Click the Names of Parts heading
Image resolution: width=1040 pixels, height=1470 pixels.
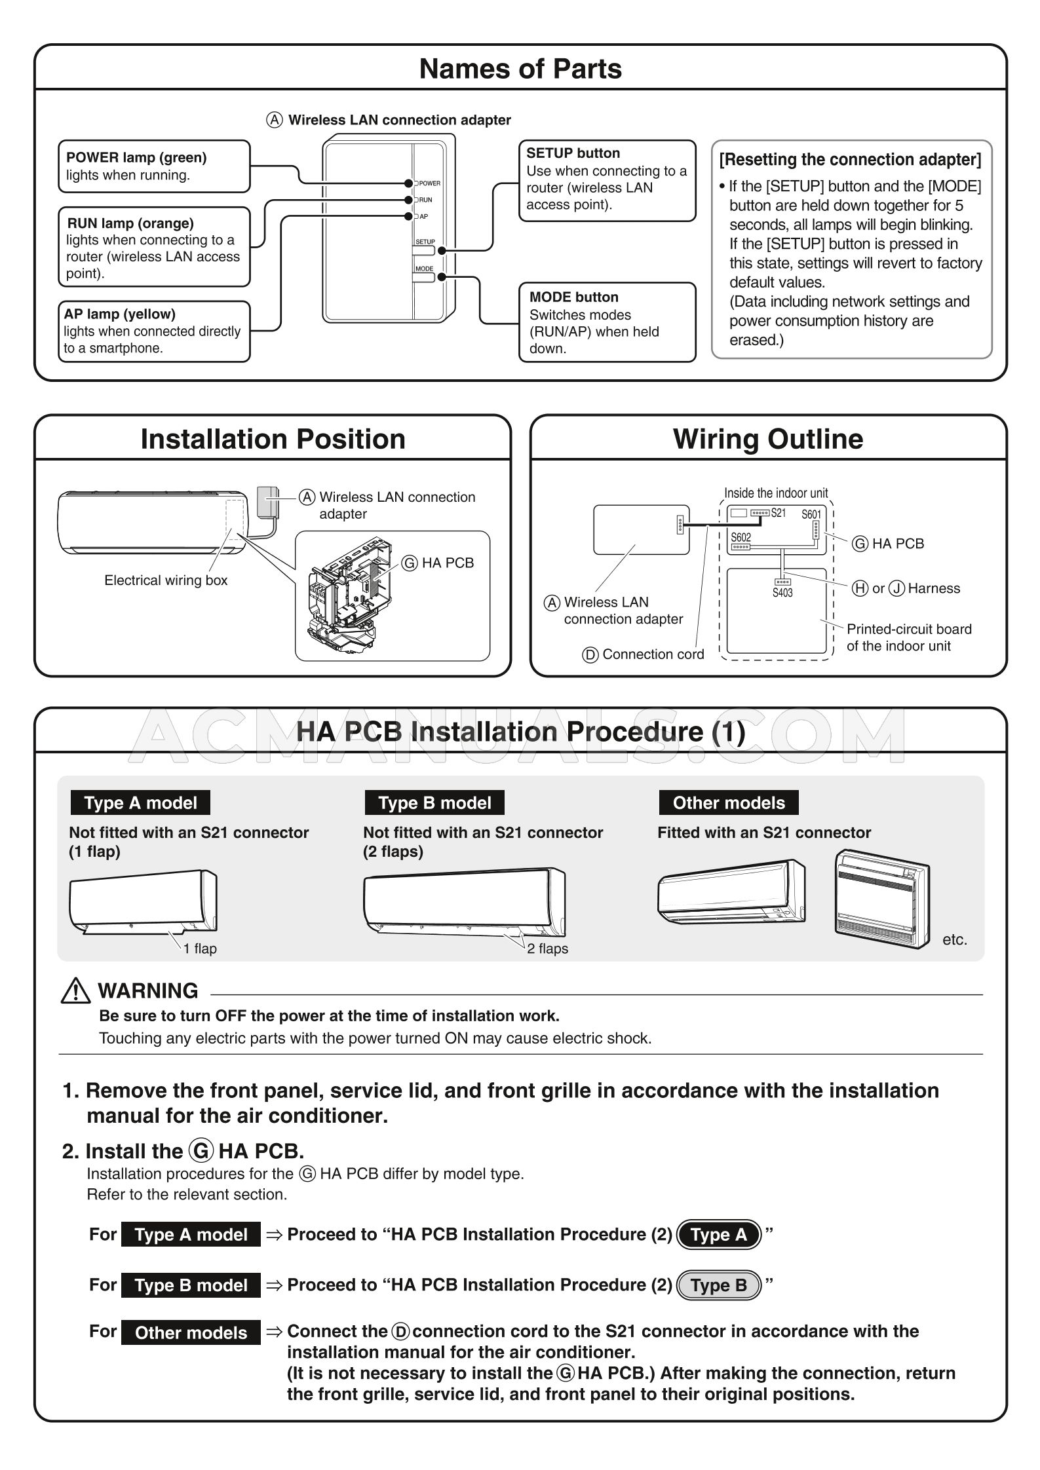tap(520, 69)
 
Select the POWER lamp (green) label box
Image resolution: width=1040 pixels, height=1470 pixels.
tap(154, 166)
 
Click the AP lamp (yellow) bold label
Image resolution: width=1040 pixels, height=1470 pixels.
tap(119, 314)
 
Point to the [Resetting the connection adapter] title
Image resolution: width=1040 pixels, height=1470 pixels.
tap(850, 160)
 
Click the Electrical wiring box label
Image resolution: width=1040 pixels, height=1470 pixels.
tap(166, 580)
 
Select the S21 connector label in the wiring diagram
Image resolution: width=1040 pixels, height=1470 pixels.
tap(778, 513)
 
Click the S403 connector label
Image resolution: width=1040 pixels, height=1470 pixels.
tap(782, 593)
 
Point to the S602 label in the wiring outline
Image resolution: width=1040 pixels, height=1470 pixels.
tap(741, 537)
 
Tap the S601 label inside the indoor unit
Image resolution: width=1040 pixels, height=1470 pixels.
tap(811, 515)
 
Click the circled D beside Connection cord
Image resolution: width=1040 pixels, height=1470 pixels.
tap(590, 654)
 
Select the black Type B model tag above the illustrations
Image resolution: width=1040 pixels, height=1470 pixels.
tap(434, 803)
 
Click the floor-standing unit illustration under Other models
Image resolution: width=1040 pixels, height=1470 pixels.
tap(882, 899)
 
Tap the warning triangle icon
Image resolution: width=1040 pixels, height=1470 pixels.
tap(75, 990)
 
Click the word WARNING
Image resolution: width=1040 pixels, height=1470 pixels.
tap(148, 990)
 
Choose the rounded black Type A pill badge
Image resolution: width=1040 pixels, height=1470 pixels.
tap(718, 1235)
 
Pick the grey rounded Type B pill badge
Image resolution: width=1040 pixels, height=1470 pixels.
tap(718, 1285)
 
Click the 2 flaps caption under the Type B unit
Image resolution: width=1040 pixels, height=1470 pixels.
tap(547, 949)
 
